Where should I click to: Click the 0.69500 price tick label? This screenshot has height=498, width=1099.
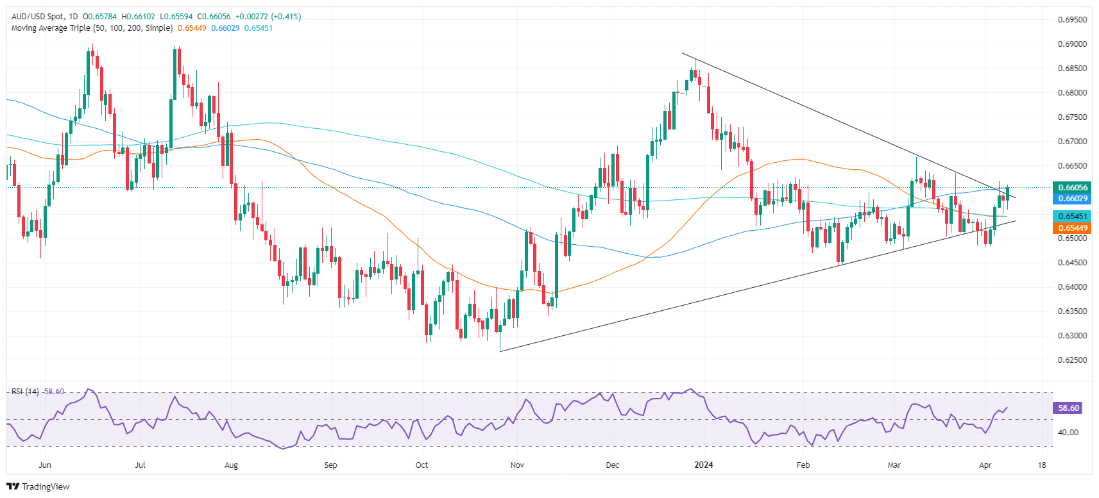(x=1072, y=20)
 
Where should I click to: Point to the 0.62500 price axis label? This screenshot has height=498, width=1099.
(x=1072, y=360)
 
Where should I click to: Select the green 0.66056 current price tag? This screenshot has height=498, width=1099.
(x=1072, y=188)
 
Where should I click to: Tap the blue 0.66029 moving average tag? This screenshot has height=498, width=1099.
(x=1072, y=199)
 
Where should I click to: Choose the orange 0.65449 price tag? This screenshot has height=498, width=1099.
(x=1072, y=228)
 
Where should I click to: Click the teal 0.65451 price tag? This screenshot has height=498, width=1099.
(x=1072, y=217)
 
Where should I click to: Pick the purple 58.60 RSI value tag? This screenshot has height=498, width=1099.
(x=1068, y=408)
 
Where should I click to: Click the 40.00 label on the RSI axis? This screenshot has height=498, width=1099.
(x=1068, y=433)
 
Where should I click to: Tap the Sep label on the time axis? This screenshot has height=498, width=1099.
(x=330, y=465)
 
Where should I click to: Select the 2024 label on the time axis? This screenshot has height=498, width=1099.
(x=704, y=465)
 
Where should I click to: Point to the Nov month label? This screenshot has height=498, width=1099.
(x=517, y=465)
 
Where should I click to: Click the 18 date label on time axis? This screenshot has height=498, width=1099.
(x=1042, y=465)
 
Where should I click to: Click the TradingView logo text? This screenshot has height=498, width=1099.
(x=46, y=486)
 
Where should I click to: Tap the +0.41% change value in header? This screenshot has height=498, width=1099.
(x=286, y=17)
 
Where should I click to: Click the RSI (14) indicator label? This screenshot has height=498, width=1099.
(x=25, y=392)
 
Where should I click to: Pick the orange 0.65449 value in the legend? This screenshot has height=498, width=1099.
(x=192, y=28)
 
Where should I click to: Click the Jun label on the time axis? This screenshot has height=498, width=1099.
(x=45, y=465)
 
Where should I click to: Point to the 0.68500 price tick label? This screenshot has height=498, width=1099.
(x=1072, y=69)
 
